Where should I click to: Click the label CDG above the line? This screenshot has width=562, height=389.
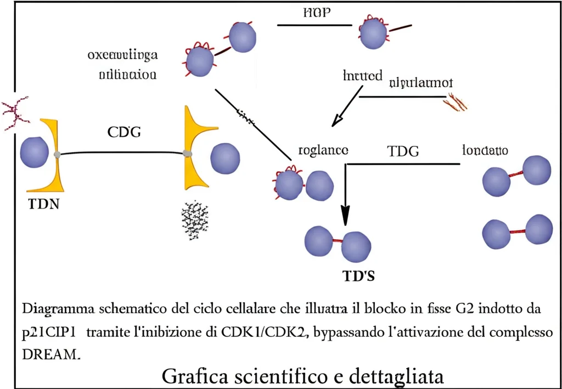coord(123,132)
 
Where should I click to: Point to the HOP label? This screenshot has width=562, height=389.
coord(317,13)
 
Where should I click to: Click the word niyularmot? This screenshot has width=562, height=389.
coord(421,83)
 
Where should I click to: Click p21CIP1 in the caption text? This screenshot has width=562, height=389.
coord(49,332)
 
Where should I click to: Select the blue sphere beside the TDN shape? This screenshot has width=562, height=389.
coord(35,153)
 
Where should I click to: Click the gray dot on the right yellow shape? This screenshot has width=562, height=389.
coord(188,153)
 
